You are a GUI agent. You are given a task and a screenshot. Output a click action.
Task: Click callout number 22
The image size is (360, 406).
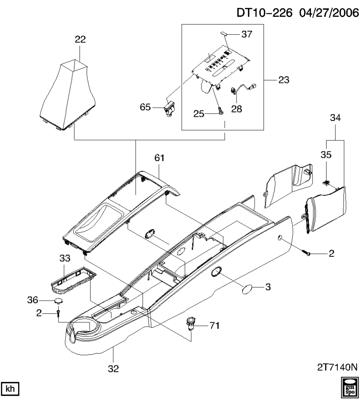click(x=80, y=39)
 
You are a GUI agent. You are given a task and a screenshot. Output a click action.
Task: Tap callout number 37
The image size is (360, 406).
click(x=246, y=35)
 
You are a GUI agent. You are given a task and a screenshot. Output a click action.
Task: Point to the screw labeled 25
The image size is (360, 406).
click(x=220, y=111)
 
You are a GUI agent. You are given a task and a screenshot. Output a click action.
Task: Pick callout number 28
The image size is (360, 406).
click(x=236, y=108)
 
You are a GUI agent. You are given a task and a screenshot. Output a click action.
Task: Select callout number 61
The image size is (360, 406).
click(x=159, y=158)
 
